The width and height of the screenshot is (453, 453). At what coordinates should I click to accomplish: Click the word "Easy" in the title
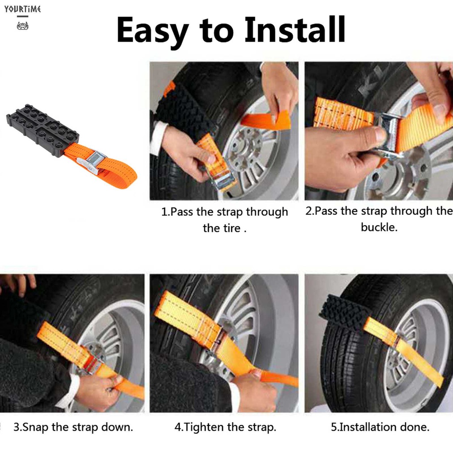(x=153, y=31)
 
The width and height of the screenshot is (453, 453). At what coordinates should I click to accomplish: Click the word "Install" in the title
(x=294, y=29)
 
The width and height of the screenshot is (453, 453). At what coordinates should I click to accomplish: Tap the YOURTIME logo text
(x=23, y=9)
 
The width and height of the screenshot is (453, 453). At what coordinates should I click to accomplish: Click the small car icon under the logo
(x=22, y=26)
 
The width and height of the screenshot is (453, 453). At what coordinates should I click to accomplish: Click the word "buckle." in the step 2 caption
(x=379, y=227)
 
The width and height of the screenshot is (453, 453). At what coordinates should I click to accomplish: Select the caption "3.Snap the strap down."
(x=73, y=427)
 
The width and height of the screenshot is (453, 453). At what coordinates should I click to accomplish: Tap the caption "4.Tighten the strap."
(x=225, y=427)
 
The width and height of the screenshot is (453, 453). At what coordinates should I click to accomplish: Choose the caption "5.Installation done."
(x=380, y=427)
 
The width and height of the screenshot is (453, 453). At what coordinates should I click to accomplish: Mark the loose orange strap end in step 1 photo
(x=265, y=120)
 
